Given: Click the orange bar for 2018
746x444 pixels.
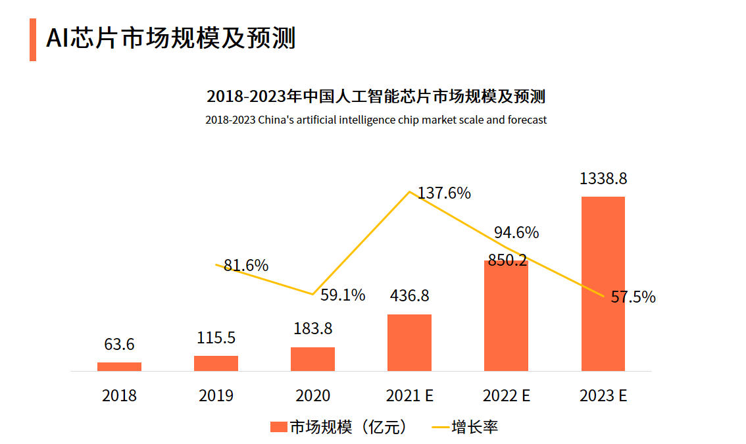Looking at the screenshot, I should tap(119, 366).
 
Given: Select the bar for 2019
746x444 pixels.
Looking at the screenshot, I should tap(216, 363).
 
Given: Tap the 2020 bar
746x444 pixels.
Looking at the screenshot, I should tap(312, 359).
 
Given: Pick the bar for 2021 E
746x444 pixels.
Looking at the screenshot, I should tap(409, 343).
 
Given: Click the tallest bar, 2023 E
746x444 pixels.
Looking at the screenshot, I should tap(603, 283).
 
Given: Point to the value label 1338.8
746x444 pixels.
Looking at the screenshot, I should tap(603, 179).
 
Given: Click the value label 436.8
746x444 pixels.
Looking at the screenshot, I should tap(409, 296).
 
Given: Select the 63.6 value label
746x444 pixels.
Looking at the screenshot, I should tap(119, 344).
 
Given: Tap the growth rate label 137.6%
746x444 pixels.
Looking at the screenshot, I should tap(445, 193).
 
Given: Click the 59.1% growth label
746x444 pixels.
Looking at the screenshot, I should tap(343, 295).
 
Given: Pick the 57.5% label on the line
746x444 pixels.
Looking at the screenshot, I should tap(633, 297).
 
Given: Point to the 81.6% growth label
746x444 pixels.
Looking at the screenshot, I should tap(246, 266).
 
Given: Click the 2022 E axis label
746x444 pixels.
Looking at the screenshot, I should tap(506, 395).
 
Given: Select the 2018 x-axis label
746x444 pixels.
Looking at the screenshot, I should tap(119, 395).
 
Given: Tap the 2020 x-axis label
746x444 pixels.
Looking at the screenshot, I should tap(312, 395).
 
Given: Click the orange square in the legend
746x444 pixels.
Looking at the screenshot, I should tap(279, 427).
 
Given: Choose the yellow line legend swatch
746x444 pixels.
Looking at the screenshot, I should tap(439, 428).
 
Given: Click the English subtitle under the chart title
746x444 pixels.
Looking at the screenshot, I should tap(376, 120).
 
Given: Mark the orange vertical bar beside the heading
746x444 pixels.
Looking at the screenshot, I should tap(33, 39).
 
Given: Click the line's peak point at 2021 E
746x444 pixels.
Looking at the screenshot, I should tap(410, 191).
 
